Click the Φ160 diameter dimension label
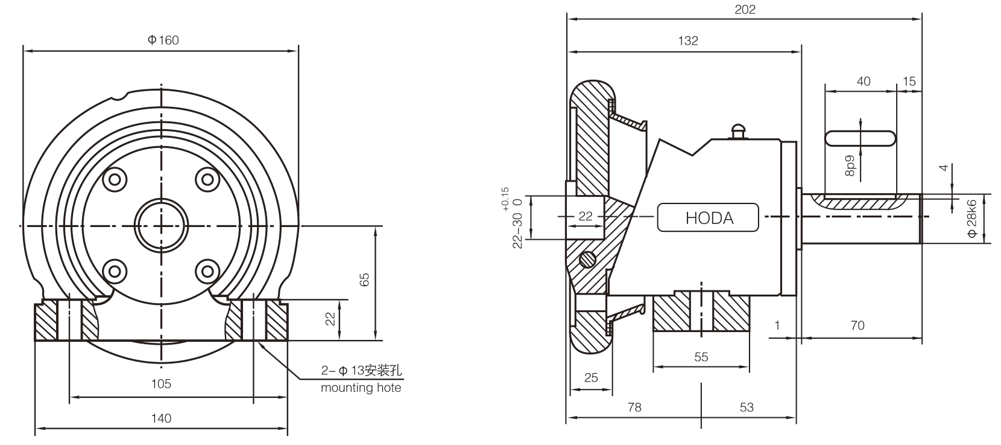coord(163,40)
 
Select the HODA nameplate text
coord(709,218)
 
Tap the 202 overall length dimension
coord(745,10)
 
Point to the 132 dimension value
coord(687,41)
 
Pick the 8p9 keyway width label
coord(850,165)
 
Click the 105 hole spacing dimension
coord(161,383)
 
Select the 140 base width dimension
coord(161,418)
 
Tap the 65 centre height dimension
coord(364,279)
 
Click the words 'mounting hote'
coord(361,388)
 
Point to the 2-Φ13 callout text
coord(361,370)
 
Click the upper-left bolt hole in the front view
coord(115,179)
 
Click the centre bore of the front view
coord(161,225)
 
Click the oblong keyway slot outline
coord(860,138)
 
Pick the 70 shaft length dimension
coord(857,325)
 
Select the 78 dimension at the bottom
coord(634,408)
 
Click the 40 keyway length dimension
coord(864,81)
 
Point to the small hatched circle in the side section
coord(587,259)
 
